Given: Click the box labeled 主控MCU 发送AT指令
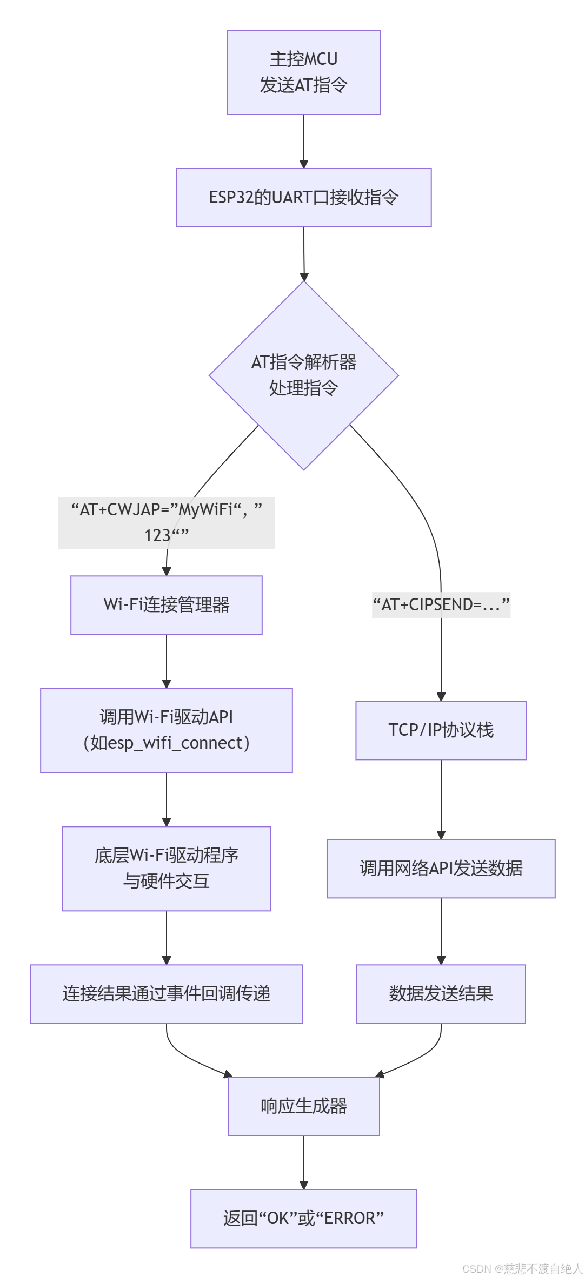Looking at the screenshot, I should (303, 72).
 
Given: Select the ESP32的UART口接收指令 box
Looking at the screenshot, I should (303, 198).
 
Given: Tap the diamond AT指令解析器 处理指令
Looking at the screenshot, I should (303, 375).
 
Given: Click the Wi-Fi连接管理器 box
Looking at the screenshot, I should (166, 605).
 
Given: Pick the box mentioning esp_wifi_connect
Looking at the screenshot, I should (166, 730).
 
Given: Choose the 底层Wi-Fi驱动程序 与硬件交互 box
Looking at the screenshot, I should (166, 869).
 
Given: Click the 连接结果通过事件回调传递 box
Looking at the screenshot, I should (166, 994).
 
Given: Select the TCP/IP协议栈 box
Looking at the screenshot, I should (441, 730).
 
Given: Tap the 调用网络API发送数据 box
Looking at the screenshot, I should (441, 869).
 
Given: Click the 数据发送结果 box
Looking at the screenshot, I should (441, 994).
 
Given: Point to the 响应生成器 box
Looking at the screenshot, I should (303, 1106).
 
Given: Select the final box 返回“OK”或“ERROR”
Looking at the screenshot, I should (303, 1219).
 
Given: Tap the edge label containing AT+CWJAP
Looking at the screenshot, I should (166, 522).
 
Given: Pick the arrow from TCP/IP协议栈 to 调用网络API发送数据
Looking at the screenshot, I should (441, 799).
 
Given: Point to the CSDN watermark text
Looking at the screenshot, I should (522, 1269).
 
